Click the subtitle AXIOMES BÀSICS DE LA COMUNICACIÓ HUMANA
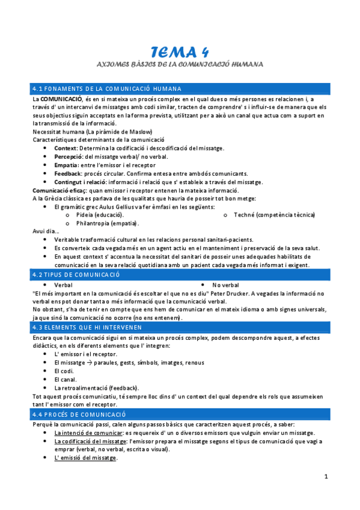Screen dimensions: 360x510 180,63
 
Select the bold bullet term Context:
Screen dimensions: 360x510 66,148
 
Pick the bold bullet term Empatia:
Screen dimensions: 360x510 66,165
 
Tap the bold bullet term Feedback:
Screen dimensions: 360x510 68,173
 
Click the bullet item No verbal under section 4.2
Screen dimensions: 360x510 225,284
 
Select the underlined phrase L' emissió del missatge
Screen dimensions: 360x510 85,458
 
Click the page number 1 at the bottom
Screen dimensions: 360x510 326,477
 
